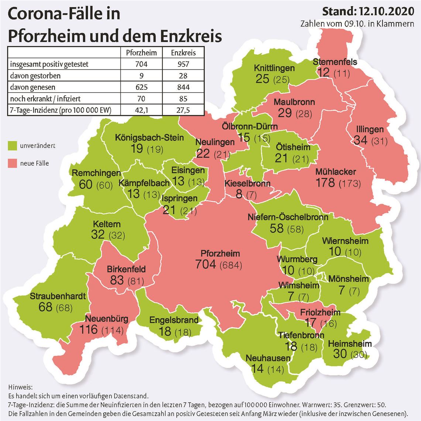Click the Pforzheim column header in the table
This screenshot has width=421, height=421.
tap(141, 52)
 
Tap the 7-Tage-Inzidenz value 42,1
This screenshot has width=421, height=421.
tap(141, 110)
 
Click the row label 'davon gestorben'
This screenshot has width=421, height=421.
tap(35, 75)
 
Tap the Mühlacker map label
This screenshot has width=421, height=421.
tap(335, 172)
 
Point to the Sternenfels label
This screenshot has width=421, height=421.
tap(335, 62)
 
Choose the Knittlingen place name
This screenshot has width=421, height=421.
tap(274, 68)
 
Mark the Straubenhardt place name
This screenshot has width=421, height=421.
tap(58, 296)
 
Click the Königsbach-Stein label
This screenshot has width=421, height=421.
tap(149, 138)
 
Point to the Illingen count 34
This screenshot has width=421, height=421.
tap(360, 140)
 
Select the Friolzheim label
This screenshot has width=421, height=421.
tap(320, 312)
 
